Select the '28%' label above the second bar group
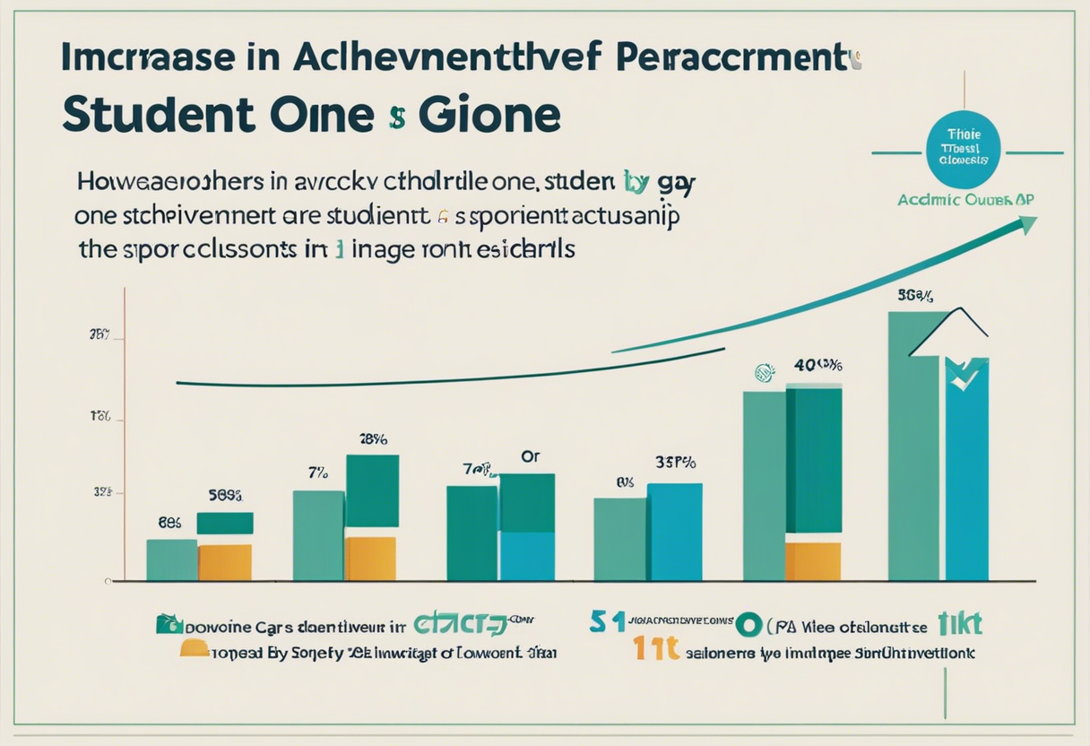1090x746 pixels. (x=373, y=439)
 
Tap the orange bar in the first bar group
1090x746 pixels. (x=224, y=562)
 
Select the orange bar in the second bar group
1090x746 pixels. (x=370, y=559)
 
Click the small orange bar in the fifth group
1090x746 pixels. (x=812, y=560)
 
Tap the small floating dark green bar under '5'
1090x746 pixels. (x=224, y=523)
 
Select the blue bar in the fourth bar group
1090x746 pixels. (x=674, y=532)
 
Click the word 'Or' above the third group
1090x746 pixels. (x=531, y=456)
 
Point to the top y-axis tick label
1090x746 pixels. (x=99, y=335)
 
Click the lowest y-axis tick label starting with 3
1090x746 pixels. (x=101, y=492)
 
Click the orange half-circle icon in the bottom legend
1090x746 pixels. (x=195, y=647)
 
